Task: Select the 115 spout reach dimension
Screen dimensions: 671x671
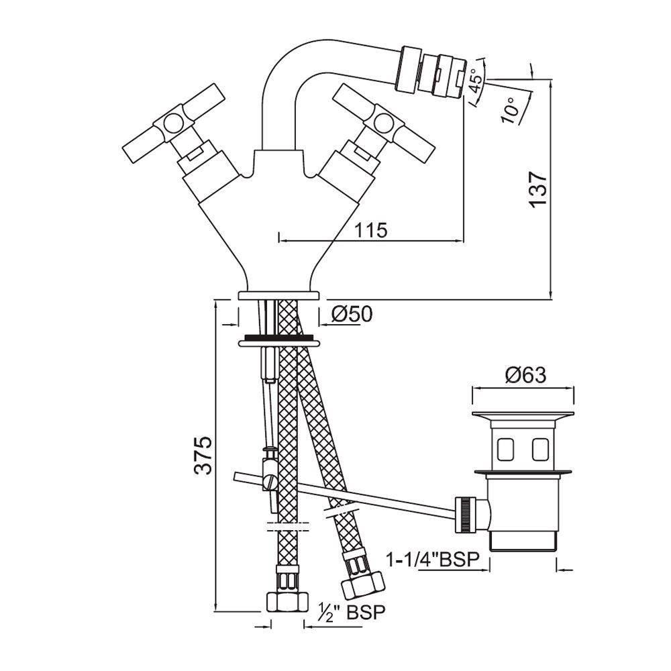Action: [370, 230]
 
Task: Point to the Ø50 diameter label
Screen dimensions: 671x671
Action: [352, 313]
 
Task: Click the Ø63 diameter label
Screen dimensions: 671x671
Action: [524, 374]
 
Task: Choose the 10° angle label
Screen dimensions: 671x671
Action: [509, 108]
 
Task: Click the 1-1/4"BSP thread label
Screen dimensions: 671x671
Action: [434, 559]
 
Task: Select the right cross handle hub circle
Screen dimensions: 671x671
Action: [384, 121]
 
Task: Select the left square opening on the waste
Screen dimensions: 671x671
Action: [504, 449]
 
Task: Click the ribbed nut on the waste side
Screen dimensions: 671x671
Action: [465, 515]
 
